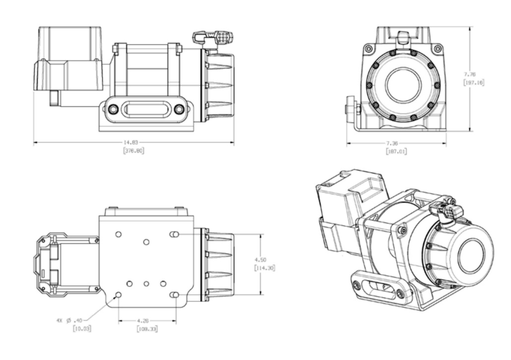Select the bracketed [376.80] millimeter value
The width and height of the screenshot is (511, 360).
(133, 150)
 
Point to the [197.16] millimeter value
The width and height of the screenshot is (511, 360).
(474, 82)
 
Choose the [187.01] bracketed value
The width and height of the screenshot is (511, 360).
(396, 151)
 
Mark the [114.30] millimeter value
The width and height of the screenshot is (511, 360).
(264, 268)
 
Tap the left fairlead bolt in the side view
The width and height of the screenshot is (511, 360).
(114, 109)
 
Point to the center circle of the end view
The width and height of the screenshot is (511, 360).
(403, 85)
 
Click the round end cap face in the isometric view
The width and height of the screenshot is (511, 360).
(471, 256)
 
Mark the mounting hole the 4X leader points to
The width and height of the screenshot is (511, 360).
(118, 295)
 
